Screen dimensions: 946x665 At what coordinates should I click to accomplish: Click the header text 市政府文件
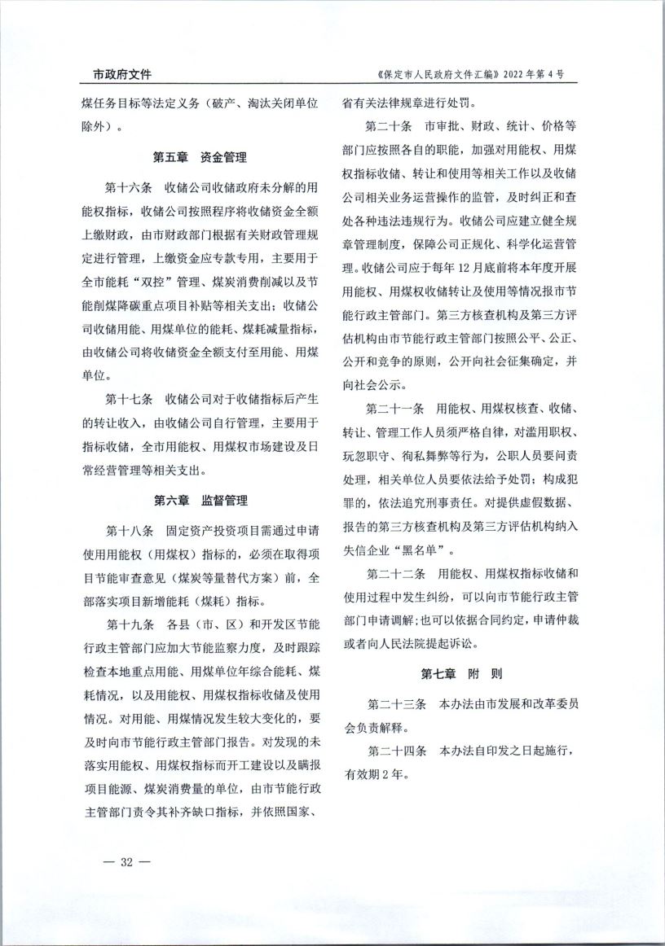(116, 74)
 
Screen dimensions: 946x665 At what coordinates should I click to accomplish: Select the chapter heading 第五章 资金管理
(200, 157)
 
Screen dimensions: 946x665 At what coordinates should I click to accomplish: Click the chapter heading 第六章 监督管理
(200, 500)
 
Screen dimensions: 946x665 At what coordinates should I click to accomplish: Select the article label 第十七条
(130, 401)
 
